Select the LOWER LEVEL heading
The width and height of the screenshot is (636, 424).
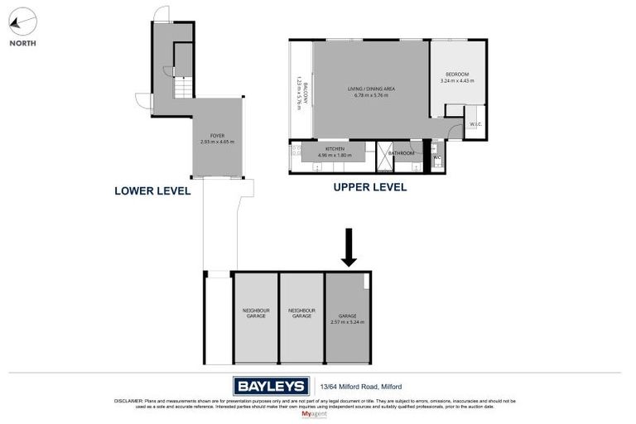[152, 191]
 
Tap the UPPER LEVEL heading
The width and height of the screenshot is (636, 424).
[369, 187]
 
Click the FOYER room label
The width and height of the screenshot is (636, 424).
[217, 136]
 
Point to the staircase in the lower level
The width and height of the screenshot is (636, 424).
[183, 86]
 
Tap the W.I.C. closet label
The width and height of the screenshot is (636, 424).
[475, 125]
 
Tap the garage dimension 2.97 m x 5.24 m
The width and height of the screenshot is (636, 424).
[347, 321]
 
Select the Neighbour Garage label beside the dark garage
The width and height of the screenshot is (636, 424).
[301, 314]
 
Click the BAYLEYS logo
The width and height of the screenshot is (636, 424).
[271, 385]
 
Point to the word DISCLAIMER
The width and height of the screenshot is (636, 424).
[128, 401]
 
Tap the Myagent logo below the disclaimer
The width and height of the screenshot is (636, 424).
[315, 412]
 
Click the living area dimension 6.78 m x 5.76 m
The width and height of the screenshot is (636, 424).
[369, 95]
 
